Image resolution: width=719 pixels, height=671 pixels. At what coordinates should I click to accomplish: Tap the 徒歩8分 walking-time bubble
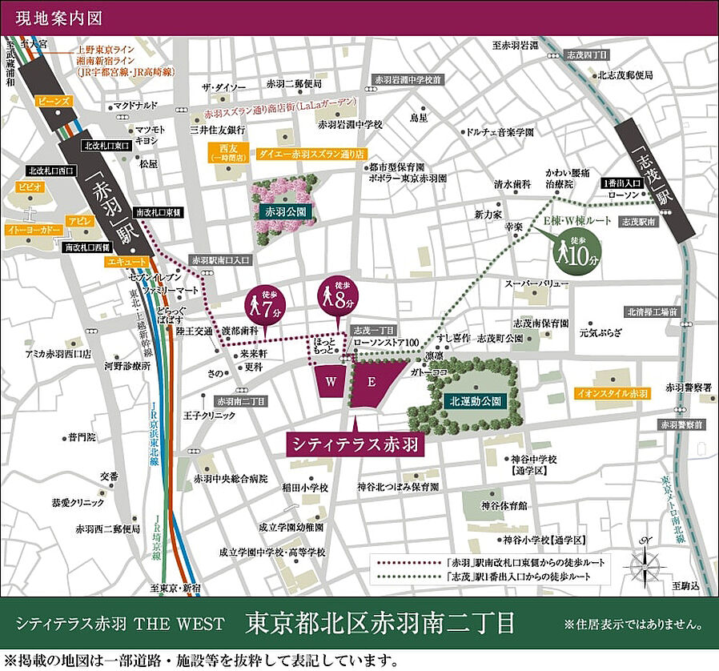point(338,297)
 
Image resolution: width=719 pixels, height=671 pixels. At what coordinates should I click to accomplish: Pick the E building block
point(372,382)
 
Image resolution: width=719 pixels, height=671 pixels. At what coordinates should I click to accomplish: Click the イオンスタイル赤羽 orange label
point(612,393)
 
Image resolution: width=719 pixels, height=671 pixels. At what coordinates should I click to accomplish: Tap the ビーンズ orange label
point(54,101)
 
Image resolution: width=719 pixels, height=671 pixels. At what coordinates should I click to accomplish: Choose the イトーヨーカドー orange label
point(34,230)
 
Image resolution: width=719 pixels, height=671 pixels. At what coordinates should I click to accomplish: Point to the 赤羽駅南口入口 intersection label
point(221,260)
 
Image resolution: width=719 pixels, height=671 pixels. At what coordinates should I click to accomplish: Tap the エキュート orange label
point(127,261)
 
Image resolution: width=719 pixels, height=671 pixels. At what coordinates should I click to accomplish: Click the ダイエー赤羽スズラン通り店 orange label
point(311,153)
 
